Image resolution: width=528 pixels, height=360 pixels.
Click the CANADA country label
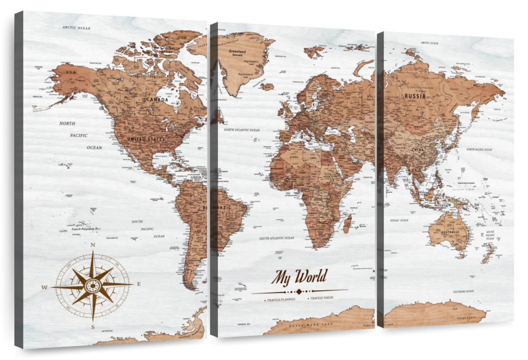coord(157,99)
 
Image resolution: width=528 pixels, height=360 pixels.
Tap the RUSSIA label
coord(415,96)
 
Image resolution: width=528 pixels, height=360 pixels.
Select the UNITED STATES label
coord(146,139)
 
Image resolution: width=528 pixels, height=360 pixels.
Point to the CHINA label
coord(418,150)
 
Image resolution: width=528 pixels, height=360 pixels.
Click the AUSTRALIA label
coord(451,231)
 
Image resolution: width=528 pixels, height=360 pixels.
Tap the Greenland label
coord(237,51)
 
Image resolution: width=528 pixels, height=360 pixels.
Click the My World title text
coord(299,277)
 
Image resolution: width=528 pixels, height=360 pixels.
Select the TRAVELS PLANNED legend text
coord(281,299)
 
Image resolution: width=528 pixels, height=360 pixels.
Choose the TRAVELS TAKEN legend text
coord(322,298)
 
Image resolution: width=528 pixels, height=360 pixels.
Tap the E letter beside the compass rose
coord(139,284)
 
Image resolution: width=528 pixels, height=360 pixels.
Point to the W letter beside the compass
coord(44,287)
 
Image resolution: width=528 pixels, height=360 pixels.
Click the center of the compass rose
coord(93,286)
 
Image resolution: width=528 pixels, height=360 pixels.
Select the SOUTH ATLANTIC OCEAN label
coord(276,238)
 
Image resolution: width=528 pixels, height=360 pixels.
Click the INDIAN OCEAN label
coord(399,220)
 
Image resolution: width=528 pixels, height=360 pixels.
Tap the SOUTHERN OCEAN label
coord(464,291)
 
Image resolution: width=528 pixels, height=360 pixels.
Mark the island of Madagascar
coord(347,224)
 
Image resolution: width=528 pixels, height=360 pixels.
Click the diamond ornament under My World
coord(299,291)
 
